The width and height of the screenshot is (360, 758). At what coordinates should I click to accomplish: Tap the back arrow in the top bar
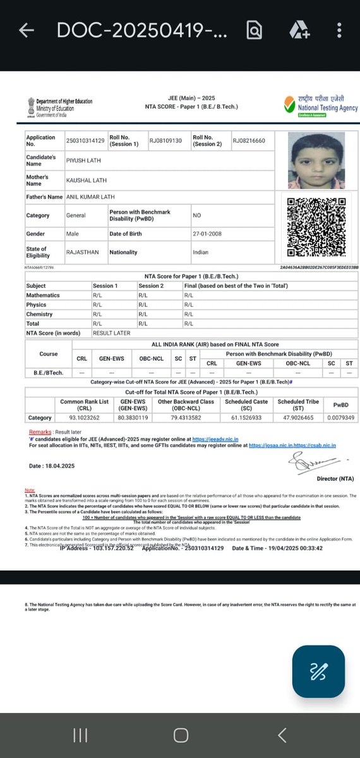click(x=26, y=30)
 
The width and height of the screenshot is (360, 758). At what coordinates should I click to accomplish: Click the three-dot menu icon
click(x=340, y=30)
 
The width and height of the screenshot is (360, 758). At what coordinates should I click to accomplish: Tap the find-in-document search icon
click(x=255, y=30)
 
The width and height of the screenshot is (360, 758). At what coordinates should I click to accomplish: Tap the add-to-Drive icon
click(x=298, y=30)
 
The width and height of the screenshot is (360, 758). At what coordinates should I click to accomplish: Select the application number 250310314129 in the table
click(x=85, y=140)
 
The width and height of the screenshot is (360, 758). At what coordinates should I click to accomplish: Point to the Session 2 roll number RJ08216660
click(x=249, y=140)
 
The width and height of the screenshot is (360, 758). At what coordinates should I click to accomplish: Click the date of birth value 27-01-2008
click(x=208, y=234)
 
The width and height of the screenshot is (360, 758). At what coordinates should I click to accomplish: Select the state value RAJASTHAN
click(x=83, y=252)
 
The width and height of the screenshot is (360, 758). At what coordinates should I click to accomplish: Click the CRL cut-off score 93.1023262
click(x=84, y=418)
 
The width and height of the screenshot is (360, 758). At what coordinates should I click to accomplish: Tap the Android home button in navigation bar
click(x=181, y=735)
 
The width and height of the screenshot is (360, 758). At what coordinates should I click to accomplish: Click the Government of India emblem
click(x=30, y=107)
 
